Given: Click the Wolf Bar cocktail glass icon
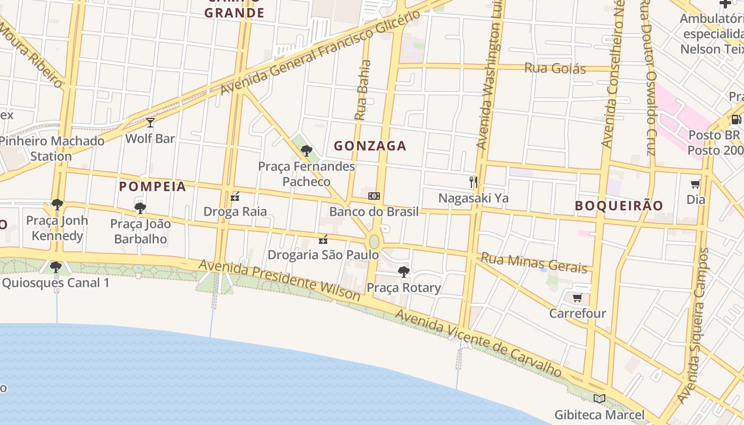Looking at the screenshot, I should click(x=150, y=123).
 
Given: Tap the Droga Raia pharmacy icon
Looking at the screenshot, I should click(x=235, y=197).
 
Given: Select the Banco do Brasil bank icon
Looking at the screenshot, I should click(x=374, y=196).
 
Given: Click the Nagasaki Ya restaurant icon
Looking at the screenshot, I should click(x=473, y=182).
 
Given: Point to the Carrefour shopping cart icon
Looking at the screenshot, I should click(x=578, y=297).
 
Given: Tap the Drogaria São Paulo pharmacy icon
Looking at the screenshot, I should click(x=323, y=240).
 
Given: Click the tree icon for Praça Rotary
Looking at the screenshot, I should click(x=403, y=272).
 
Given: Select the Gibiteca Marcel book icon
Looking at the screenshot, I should click(x=599, y=398).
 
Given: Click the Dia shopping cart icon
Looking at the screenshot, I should click(x=695, y=184).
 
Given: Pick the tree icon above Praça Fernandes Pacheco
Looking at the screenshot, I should click(x=306, y=150).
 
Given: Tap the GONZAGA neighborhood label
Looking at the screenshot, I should click(x=370, y=146).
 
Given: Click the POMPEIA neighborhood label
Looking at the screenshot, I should click(x=153, y=186).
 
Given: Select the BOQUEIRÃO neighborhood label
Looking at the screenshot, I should click(x=619, y=206).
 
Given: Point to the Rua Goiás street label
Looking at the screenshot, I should click(x=555, y=68).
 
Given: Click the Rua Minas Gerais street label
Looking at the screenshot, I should click(x=534, y=262).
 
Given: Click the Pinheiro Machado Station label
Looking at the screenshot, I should click(x=52, y=149).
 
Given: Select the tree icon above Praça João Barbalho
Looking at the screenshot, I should click(x=140, y=208).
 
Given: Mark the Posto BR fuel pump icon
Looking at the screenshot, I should click(x=736, y=120).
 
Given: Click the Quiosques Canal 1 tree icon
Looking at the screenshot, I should click(x=56, y=267).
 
